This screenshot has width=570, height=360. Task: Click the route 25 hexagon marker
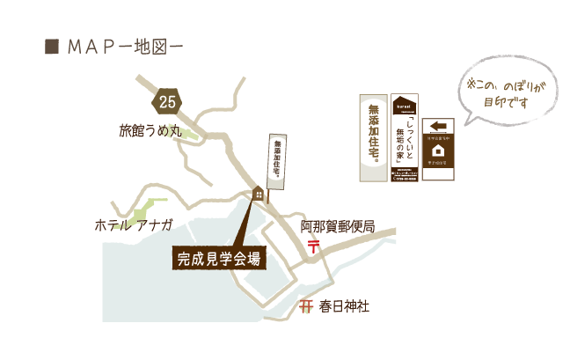click(167, 102)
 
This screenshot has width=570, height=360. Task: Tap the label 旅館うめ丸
click(149, 133)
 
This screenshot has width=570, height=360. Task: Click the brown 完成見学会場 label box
click(218, 259)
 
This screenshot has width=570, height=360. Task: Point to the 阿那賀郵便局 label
click(338, 227)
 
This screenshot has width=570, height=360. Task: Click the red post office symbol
click(312, 246)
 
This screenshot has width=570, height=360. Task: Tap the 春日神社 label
click(344, 306)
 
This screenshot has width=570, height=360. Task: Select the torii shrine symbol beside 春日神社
click(306, 306)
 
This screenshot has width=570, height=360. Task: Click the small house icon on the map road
click(259, 194)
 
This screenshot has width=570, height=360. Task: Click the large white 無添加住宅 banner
click(373, 137)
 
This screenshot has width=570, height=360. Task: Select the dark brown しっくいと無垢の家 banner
click(405, 137)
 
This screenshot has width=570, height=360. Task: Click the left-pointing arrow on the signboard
click(438, 126)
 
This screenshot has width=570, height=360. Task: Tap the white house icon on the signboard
click(438, 149)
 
